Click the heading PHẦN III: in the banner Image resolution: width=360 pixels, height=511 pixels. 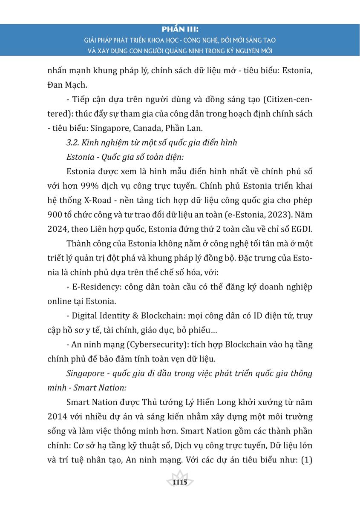click(180, 30)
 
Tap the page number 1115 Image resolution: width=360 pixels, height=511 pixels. click(180, 482)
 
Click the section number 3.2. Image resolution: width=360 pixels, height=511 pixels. click(73, 143)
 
